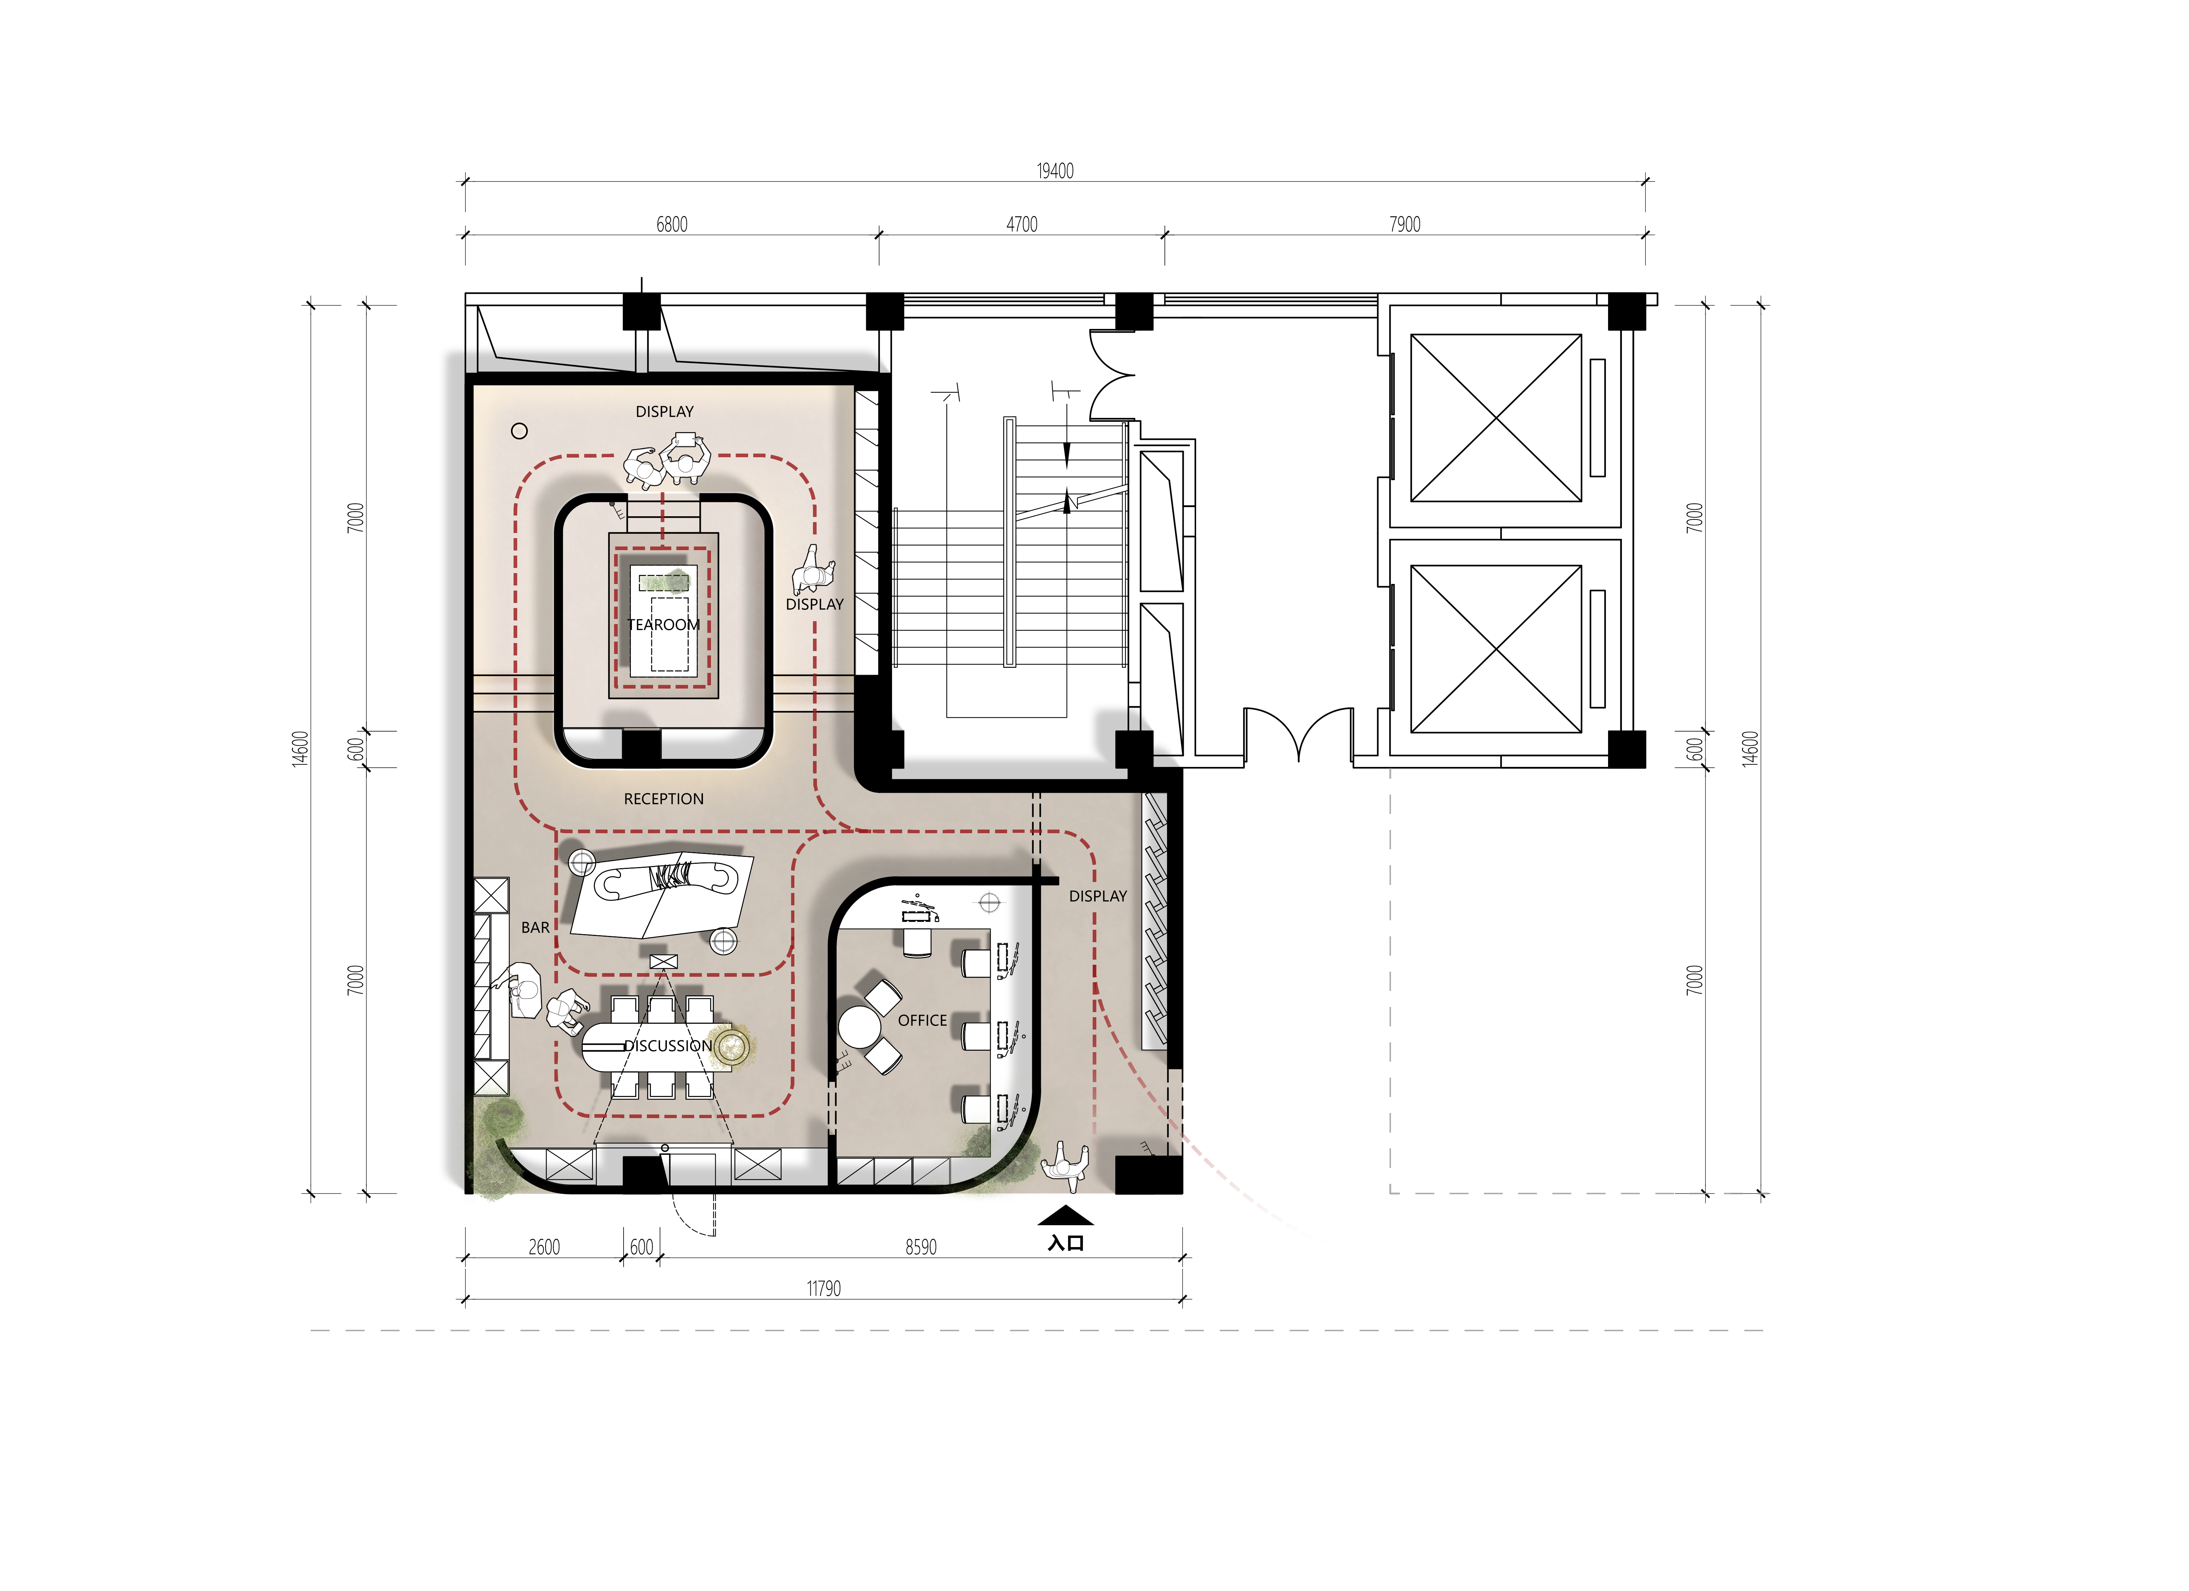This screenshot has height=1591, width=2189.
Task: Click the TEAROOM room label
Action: coord(664,624)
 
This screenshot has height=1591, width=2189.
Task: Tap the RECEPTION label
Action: coord(664,799)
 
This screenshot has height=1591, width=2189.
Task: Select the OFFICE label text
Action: coord(923,1020)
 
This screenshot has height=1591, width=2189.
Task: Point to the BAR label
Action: coord(536,928)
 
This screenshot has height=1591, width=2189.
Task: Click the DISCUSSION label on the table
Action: coord(668,1046)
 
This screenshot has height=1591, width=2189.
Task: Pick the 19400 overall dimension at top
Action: coord(1055,171)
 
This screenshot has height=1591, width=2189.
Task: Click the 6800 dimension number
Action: coord(672,224)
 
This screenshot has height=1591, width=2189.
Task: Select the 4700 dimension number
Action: coord(1022,224)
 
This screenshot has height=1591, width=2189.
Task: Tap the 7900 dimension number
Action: coord(1405,224)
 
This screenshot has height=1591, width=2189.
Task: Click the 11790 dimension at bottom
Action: coord(823,1289)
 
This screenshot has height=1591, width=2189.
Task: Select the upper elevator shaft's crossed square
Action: coord(1496,418)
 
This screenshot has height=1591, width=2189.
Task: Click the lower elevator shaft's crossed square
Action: coord(1496,649)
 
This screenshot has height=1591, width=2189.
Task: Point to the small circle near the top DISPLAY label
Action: coord(519,431)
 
